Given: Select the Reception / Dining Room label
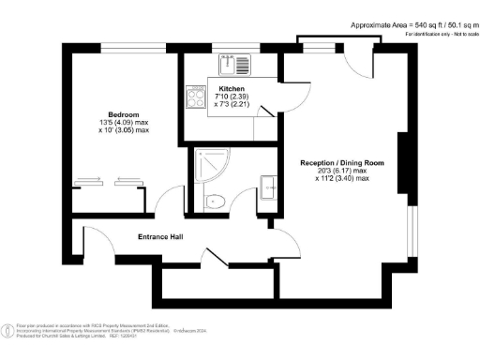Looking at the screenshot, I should (x=342, y=162).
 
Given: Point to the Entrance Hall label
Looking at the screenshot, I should (x=159, y=236).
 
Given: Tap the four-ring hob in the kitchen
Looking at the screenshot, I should (x=198, y=97).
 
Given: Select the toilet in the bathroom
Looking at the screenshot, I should (x=214, y=199).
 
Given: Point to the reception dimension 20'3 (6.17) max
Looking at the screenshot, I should (x=342, y=171).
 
